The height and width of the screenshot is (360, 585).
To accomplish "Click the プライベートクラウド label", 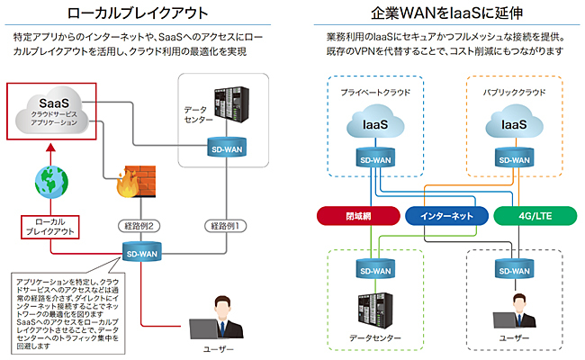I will (x=375, y=92).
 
